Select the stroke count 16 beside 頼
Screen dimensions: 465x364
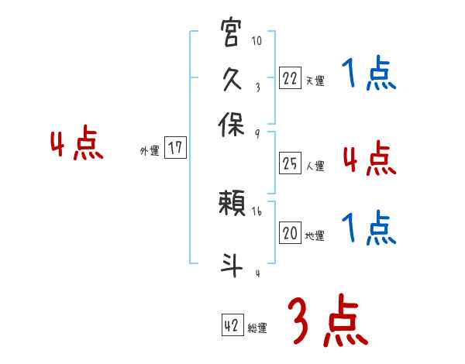257,211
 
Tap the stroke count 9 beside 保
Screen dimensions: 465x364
257,133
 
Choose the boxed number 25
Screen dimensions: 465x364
290,163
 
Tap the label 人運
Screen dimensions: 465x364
315,166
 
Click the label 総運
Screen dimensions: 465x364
257,328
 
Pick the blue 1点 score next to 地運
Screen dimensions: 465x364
369,228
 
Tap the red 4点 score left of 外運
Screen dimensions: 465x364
77,145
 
